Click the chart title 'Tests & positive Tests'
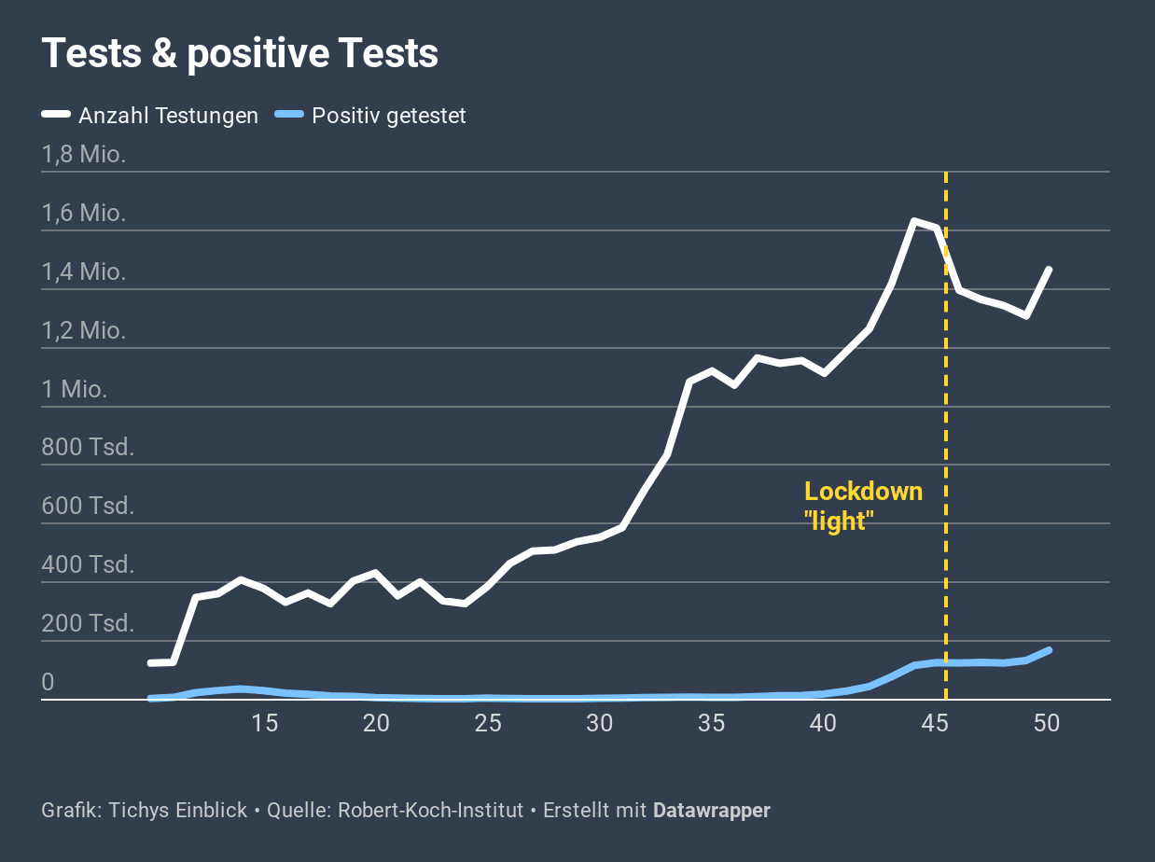point(240,54)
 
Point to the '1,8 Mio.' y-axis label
point(83,154)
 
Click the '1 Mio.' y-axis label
point(74,389)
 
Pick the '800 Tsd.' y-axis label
point(88,448)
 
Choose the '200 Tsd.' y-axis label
point(88,623)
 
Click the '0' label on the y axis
point(48,683)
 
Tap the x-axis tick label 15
point(265,723)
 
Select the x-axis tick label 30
point(600,723)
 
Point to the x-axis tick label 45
point(935,723)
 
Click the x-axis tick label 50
point(1047,723)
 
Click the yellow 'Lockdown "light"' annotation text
point(863,506)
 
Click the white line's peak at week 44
point(914,221)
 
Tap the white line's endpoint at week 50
point(1049,270)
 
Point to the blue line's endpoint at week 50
point(1049,650)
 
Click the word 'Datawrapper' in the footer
point(711,811)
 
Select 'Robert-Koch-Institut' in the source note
point(430,811)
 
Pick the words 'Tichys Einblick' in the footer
point(178,811)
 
